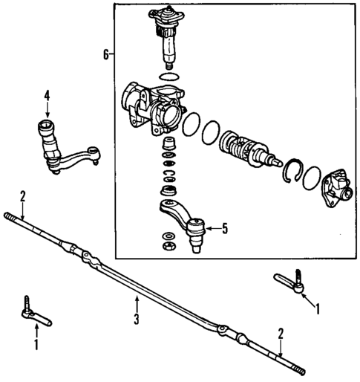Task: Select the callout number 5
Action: click(x=223, y=228)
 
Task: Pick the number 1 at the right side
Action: click(x=318, y=307)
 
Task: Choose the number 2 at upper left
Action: click(x=23, y=195)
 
